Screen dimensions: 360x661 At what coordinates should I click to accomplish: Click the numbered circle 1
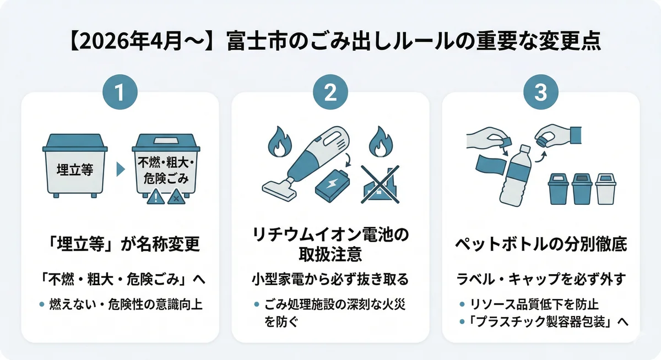point(120,92)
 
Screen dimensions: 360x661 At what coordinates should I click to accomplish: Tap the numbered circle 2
point(330,92)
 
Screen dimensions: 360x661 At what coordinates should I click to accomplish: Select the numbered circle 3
point(540,92)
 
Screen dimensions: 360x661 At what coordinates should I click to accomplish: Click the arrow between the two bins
point(121,170)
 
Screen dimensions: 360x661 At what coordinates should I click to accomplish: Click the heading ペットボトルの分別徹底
point(540,245)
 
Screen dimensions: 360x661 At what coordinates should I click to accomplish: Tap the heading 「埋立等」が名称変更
point(120,245)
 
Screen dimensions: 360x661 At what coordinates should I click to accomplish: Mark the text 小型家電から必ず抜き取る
point(330,280)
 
